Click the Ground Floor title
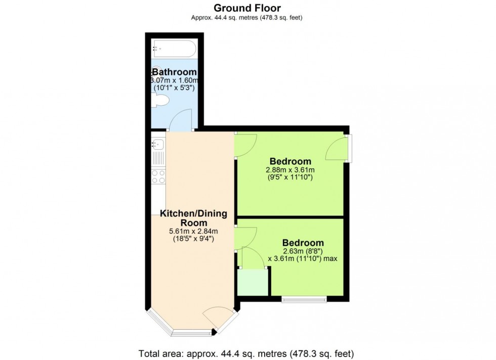coord(247,8)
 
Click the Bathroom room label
coord(174,72)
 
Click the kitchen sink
coord(157,151)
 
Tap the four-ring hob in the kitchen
coord(158,176)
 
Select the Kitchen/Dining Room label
coord(193,218)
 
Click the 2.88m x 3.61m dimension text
coord(290,170)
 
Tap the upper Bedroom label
coord(290,161)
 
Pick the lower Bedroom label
coord(303,242)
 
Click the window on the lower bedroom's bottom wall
coord(304,299)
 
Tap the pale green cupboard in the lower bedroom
coord(253,282)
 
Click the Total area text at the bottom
coord(247,352)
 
